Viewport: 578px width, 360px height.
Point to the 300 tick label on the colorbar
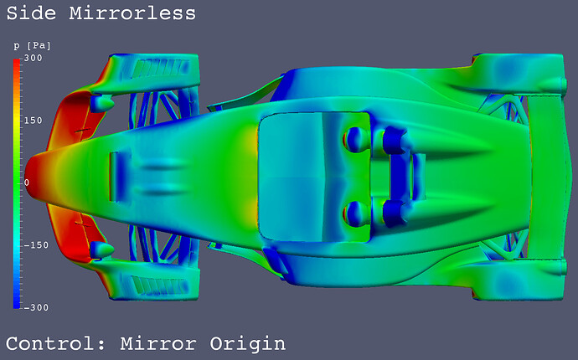click(x=34, y=59)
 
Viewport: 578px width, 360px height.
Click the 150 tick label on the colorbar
click(x=34, y=121)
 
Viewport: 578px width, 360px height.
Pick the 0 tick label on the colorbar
click(x=26, y=183)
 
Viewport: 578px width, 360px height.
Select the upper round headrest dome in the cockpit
click(x=357, y=136)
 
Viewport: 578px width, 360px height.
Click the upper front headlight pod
click(x=101, y=103)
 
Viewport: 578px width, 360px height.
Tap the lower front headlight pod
click(x=101, y=249)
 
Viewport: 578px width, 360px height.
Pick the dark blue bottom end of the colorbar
click(x=17, y=297)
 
